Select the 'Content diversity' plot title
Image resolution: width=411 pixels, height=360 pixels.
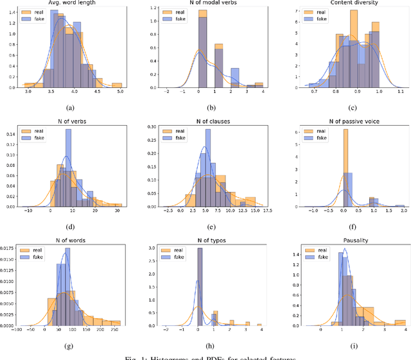[x=347, y=5]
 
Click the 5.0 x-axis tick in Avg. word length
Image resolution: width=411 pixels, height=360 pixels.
[x=119, y=93]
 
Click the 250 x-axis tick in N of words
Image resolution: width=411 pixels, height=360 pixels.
[x=115, y=329]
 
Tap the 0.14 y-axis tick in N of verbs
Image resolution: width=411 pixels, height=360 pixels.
[x=11, y=135]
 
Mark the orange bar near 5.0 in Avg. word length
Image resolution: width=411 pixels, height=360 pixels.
[x=116, y=85]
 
